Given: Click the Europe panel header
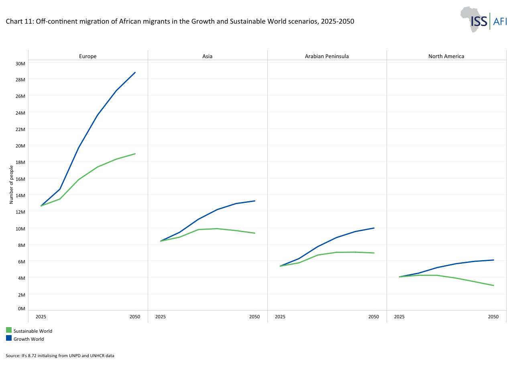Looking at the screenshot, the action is pyautogui.click(x=88, y=56).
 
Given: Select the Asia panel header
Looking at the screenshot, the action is pyautogui.click(x=208, y=56).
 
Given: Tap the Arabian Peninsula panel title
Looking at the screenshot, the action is pyautogui.click(x=327, y=56).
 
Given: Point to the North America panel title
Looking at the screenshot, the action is pyautogui.click(x=446, y=56).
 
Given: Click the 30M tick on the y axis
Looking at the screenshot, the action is pyautogui.click(x=20, y=64).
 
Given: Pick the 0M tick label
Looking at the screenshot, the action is pyautogui.click(x=21, y=309).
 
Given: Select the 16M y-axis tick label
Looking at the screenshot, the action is pyautogui.click(x=20, y=179).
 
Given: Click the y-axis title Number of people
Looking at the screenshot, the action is pyautogui.click(x=11, y=184).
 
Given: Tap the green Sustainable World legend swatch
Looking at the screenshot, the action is pyautogui.click(x=9, y=330).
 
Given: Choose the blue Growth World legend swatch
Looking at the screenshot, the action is pyautogui.click(x=9, y=338).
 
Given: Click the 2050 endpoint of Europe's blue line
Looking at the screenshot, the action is pyautogui.click(x=135, y=73).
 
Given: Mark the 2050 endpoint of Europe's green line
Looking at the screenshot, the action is pyautogui.click(x=135, y=154).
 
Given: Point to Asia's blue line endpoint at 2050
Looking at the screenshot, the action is pyautogui.click(x=255, y=201).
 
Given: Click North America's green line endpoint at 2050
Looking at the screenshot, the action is pyautogui.click(x=494, y=285).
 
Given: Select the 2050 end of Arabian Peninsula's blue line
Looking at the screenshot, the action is pyautogui.click(x=374, y=228).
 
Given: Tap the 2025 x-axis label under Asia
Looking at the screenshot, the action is pyautogui.click(x=161, y=317).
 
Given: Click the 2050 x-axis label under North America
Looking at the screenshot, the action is pyautogui.click(x=493, y=317).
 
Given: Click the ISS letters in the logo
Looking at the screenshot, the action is pyautogui.click(x=479, y=21).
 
